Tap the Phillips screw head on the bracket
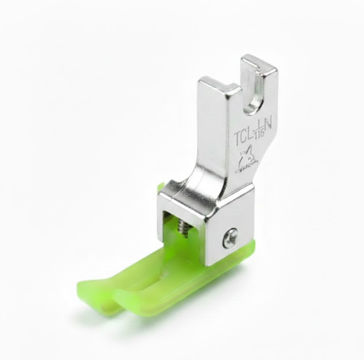click(x=231, y=239)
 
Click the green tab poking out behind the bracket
click(x=160, y=187)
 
